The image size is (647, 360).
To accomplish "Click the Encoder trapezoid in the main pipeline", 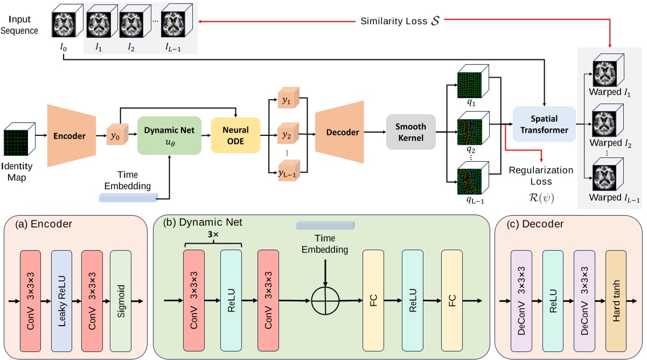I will click(x=72, y=136).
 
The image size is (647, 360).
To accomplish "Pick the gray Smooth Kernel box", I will click(x=411, y=132).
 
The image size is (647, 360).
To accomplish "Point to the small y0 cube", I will click(x=115, y=136).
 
